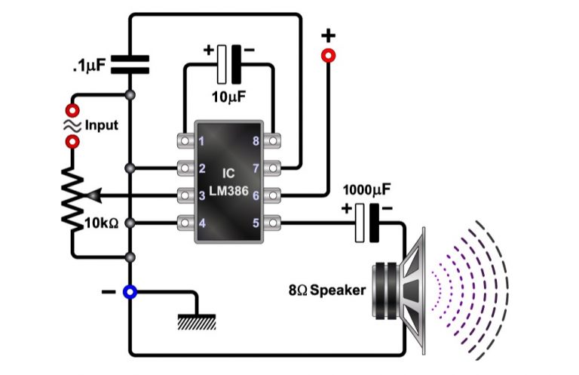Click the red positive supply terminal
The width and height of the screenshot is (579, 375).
tap(328, 55)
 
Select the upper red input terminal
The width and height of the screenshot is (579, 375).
tap(73, 110)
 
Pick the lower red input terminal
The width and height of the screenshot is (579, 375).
tap(73, 141)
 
